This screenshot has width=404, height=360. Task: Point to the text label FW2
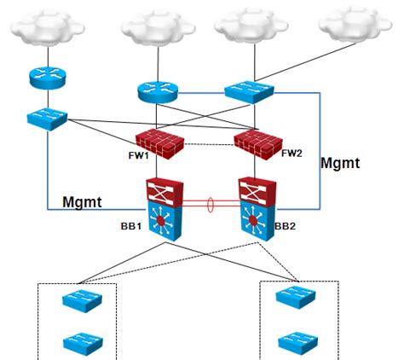(291, 154)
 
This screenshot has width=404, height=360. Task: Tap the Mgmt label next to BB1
(83, 201)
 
